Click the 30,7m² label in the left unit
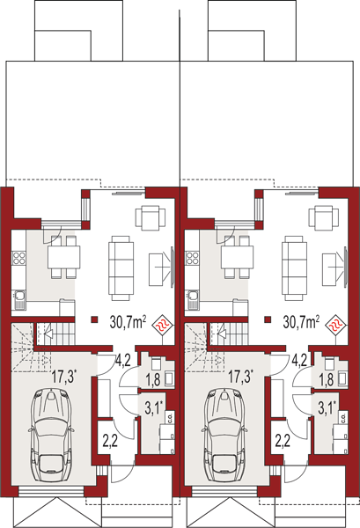pyautogui.click(x=128, y=323)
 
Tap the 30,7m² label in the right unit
pyautogui.click(x=301, y=323)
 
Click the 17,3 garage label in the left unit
pyautogui.click(x=64, y=376)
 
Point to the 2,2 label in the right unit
pyautogui.click(x=283, y=442)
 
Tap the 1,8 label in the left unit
pyautogui.click(x=152, y=380)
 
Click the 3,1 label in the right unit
pyautogui.click(x=327, y=408)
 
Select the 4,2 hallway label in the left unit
pyautogui.click(x=123, y=360)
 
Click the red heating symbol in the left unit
pyautogui.click(x=164, y=326)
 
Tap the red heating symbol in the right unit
pyautogui.click(x=337, y=326)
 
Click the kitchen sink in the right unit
pyautogui.click(x=193, y=299)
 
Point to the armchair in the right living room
pyautogui.click(x=324, y=217)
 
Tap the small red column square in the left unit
pyautogui.click(x=95, y=319)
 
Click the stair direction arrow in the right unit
pyautogui.click(x=223, y=334)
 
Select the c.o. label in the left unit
pyautogui.click(x=170, y=417)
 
